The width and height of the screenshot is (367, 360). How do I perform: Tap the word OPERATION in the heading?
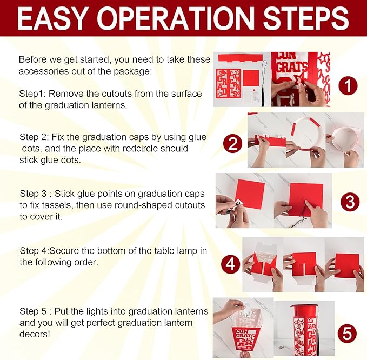175,18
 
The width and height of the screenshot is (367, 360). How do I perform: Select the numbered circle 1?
348,85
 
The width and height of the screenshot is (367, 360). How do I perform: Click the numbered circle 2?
232,143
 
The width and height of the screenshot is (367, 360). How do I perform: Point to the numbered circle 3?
350,202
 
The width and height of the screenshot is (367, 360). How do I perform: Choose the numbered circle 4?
231,264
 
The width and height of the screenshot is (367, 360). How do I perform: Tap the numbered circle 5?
348,334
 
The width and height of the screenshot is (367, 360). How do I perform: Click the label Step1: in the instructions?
32,94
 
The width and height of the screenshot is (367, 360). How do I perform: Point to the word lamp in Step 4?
187,251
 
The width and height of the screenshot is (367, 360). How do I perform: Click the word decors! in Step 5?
35,334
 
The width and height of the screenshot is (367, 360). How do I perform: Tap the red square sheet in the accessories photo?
251,78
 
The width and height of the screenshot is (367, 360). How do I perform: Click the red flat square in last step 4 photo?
347,265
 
